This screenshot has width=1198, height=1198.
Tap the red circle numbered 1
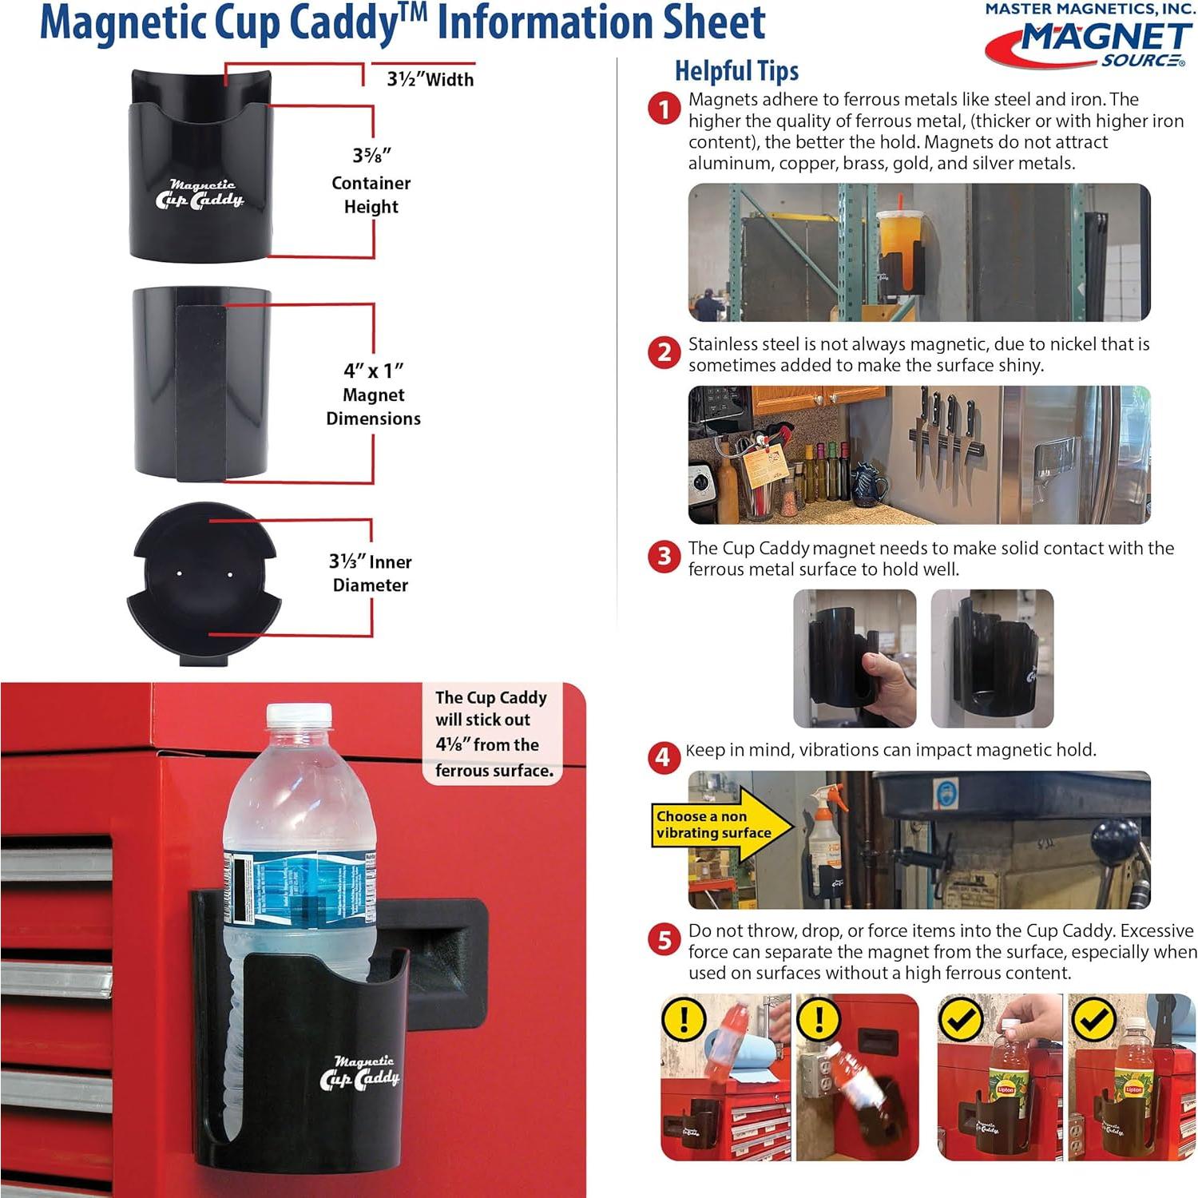point(664,108)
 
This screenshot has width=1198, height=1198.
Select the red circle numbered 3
point(664,556)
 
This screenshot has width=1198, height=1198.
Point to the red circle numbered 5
point(664,940)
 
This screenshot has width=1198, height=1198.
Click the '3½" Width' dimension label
point(430,79)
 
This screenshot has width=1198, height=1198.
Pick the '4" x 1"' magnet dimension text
point(373,371)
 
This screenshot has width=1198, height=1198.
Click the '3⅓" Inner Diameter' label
point(371,573)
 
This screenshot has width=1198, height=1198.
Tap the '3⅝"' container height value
point(371,155)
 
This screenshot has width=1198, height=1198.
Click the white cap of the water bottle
point(299,716)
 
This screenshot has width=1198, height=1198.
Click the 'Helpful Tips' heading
point(736,70)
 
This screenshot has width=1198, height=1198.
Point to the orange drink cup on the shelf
point(897,240)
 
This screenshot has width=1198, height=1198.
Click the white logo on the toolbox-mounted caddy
point(359,1073)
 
